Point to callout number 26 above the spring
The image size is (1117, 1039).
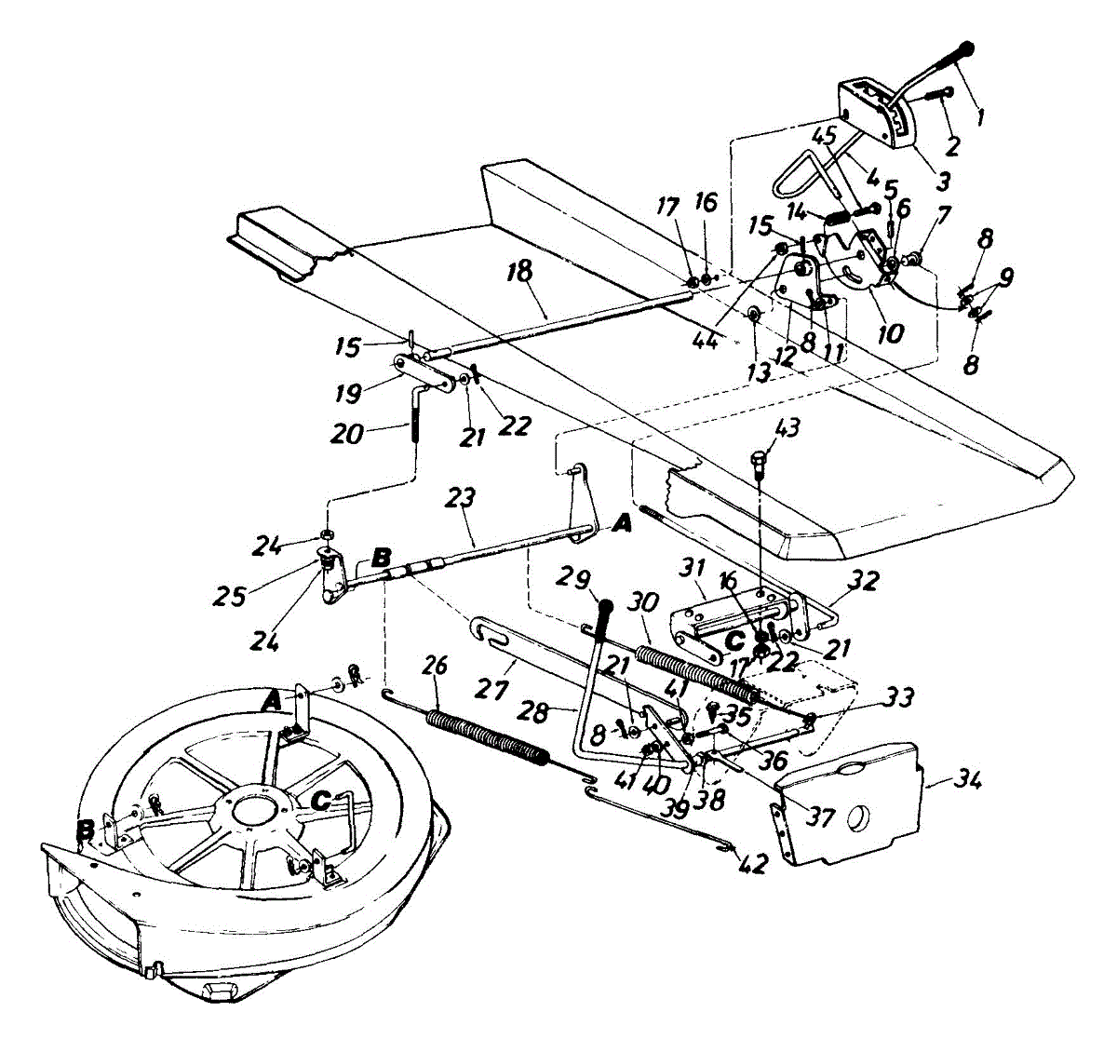[x=435, y=666]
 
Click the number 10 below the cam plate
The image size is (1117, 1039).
[x=890, y=331]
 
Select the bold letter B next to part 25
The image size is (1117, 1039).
[x=380, y=560]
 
